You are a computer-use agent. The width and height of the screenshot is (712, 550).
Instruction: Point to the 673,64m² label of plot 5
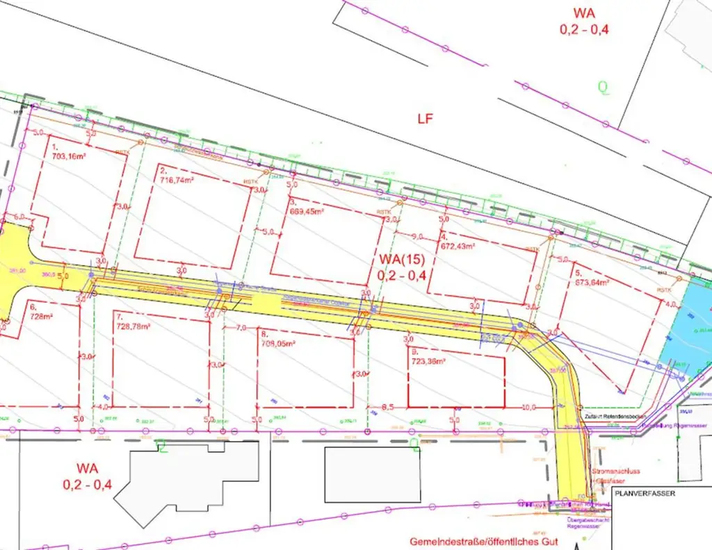(x=592, y=281)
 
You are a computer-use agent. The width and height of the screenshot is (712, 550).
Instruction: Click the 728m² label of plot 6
(x=42, y=315)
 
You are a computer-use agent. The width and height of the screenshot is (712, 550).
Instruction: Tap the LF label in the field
(x=425, y=119)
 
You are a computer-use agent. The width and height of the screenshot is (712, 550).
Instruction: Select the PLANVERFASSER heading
(x=645, y=494)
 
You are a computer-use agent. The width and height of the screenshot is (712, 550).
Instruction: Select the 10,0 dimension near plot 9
(x=530, y=408)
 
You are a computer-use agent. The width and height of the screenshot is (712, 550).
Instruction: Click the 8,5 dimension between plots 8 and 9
(x=388, y=407)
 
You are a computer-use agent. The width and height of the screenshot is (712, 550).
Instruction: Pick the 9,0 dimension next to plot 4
(x=417, y=236)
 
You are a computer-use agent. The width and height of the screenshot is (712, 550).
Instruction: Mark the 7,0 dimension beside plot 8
(x=241, y=327)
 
